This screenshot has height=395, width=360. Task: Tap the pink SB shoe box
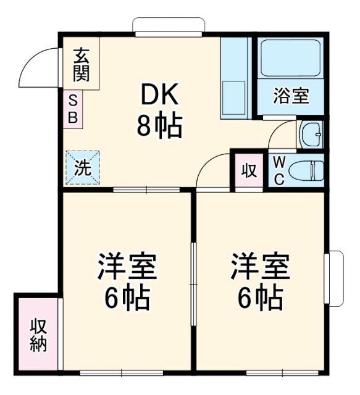72,110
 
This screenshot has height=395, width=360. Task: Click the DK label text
159,95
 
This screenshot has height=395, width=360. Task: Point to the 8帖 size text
159,127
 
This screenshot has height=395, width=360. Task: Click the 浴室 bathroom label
291,96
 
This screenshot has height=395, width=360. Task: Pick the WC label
279,170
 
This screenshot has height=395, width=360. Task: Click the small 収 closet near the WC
248,171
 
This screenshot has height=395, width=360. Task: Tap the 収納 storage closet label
38,334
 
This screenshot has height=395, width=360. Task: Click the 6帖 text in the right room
260,299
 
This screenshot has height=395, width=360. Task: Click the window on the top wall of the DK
168,27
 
